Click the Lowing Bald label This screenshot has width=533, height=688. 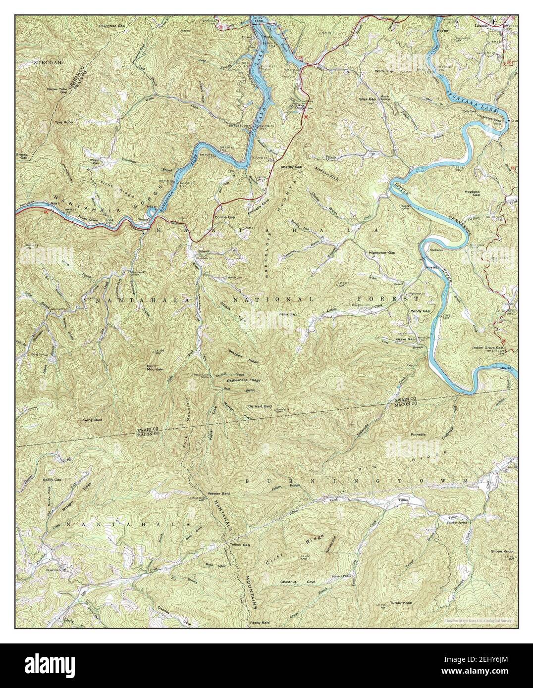coord(91,420)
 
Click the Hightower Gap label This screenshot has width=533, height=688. coord(382,252)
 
